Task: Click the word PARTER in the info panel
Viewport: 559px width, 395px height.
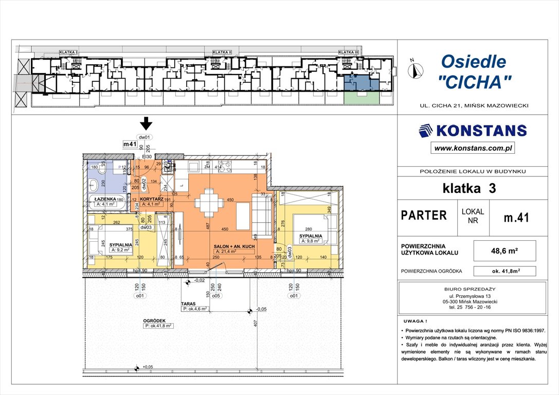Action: tap(424, 216)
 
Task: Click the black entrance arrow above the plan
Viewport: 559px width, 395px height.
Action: tap(147, 123)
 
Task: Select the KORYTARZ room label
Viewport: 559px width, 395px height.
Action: tap(153, 199)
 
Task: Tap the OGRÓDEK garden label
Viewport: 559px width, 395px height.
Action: tap(157, 320)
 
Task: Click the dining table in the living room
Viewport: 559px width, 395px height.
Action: tap(209, 201)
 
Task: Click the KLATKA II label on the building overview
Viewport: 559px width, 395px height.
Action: tap(222, 52)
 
